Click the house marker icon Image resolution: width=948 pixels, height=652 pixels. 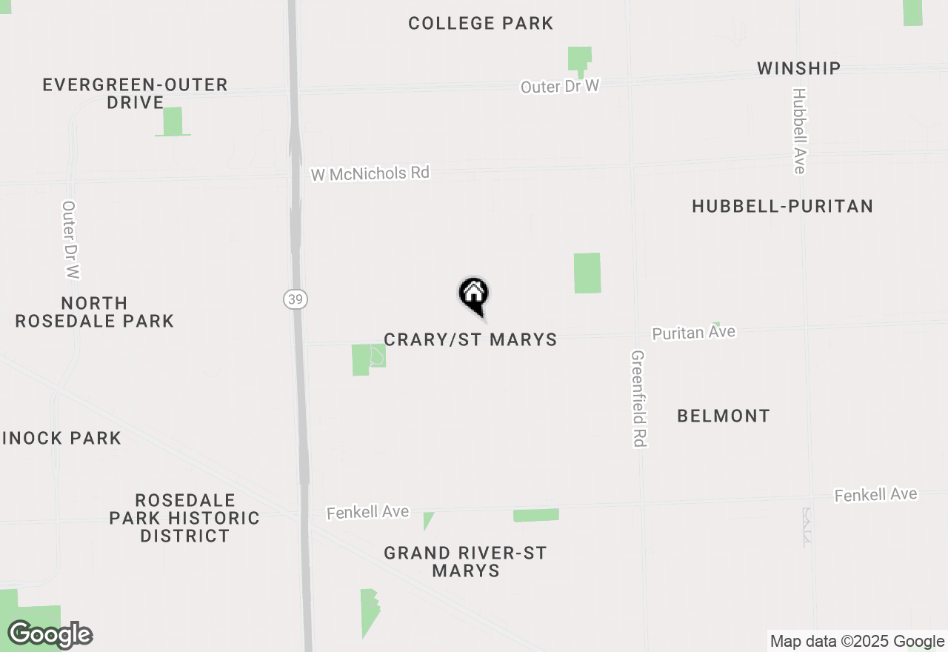click(474, 295)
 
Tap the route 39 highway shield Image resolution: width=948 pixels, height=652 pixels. click(295, 299)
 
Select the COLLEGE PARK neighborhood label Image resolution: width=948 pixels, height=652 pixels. click(481, 24)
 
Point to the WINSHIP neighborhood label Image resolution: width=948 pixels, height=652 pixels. click(798, 69)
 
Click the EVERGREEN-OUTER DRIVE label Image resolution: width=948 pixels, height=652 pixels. click(135, 93)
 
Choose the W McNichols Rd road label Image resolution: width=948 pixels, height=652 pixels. click(370, 174)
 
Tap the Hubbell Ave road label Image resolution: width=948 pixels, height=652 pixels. click(798, 131)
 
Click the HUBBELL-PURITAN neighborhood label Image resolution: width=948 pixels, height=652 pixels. click(782, 207)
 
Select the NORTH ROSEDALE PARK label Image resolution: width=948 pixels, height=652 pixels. click(95, 312)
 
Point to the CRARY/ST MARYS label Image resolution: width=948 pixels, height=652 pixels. click(470, 340)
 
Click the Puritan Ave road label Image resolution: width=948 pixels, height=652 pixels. click(693, 333)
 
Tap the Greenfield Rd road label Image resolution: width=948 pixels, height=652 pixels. click(638, 399)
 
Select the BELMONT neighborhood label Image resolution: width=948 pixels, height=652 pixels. click(724, 416)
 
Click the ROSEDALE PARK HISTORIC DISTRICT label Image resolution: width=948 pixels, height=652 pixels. click(184, 518)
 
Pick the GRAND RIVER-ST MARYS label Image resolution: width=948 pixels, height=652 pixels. click(465, 562)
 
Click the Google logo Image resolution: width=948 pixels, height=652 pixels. click(50, 635)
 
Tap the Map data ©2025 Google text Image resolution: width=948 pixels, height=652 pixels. click(857, 642)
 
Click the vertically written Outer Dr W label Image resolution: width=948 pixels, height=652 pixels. click(70, 240)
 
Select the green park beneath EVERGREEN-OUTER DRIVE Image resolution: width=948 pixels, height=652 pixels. click(173, 122)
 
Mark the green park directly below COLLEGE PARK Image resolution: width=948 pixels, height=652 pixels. click(580, 59)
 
